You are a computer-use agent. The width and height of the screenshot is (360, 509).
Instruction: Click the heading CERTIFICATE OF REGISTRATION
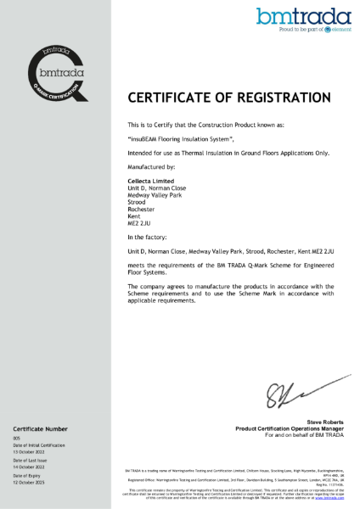tap(229, 97)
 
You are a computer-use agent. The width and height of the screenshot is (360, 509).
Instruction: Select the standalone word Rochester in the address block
tap(141, 209)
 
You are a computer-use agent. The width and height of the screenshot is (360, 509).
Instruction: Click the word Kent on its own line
tap(133, 216)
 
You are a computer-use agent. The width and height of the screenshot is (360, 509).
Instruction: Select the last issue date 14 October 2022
tap(29, 467)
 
